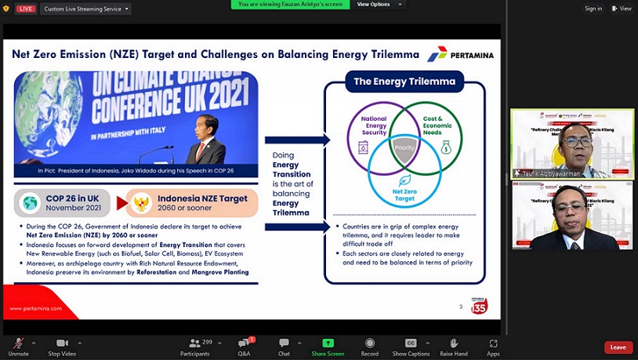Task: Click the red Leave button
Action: click(618, 347)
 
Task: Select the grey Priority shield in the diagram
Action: click(404, 147)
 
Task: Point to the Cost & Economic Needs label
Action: click(437, 123)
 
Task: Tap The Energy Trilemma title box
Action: click(404, 81)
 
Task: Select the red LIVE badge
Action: click(25, 9)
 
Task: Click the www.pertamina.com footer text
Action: click(35, 308)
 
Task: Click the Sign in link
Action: click(593, 9)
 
